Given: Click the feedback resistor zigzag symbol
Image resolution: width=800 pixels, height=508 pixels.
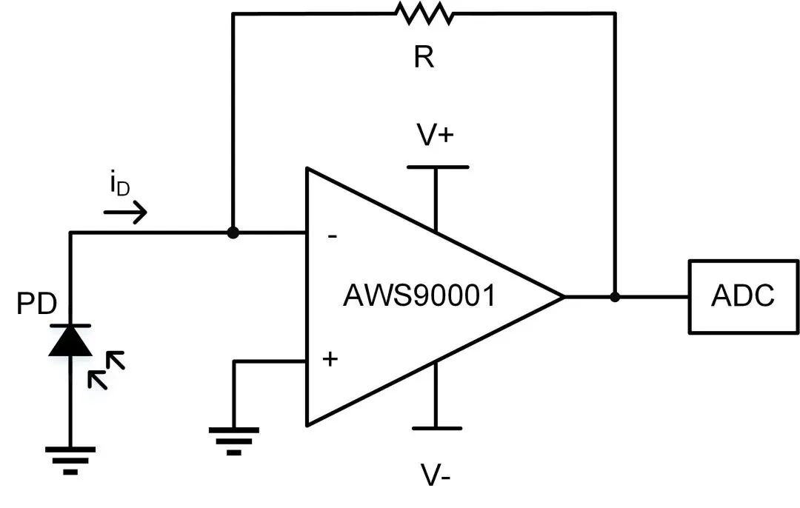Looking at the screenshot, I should pyautogui.click(x=423, y=13).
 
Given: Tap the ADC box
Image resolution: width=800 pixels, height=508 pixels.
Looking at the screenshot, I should pyautogui.click(x=743, y=296).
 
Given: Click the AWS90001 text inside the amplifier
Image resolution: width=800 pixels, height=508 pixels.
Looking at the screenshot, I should pyautogui.click(x=419, y=296).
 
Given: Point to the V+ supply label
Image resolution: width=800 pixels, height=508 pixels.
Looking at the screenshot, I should pyautogui.click(x=437, y=136).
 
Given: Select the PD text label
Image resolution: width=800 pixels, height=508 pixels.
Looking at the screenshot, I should pyautogui.click(x=38, y=304).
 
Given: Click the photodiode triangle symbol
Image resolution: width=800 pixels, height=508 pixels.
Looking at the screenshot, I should pyautogui.click(x=70, y=341).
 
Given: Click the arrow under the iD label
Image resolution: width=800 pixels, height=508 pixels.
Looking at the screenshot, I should pyautogui.click(x=125, y=213).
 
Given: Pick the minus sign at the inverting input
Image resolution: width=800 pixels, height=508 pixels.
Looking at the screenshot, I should pyautogui.click(x=333, y=237).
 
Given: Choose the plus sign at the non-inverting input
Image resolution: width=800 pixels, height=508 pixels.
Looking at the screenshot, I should pyautogui.click(x=330, y=360).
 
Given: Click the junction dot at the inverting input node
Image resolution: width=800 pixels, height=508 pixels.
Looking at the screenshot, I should pyautogui.click(x=233, y=233).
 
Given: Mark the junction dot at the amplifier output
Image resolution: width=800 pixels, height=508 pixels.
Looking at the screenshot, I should pyautogui.click(x=615, y=297).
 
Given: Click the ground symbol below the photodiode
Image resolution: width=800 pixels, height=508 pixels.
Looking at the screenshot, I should pyautogui.click(x=70, y=458).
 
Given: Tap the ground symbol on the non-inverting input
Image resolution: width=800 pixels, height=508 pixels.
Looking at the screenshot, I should pyautogui.click(x=234, y=438).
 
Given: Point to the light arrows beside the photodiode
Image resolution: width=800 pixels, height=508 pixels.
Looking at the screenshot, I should pyautogui.click(x=107, y=370).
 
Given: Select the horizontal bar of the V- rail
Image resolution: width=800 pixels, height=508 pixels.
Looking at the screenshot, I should pyautogui.click(x=437, y=428).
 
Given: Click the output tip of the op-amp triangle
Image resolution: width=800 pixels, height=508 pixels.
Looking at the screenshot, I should pyautogui.click(x=563, y=297).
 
